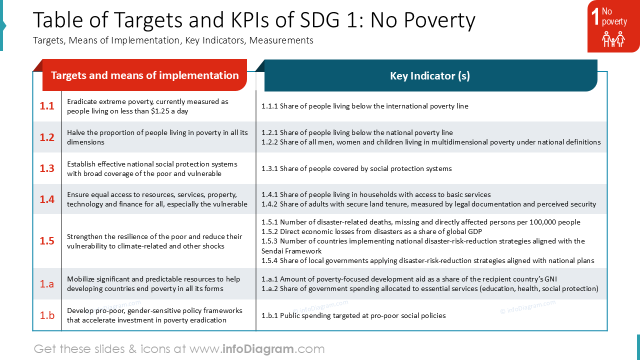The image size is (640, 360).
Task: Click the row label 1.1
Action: [47, 106]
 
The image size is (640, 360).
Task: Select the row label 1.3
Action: [47, 168]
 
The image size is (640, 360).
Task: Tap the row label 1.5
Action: [47, 241]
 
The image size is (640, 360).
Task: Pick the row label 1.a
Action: [47, 283]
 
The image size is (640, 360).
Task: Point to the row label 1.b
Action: [47, 315]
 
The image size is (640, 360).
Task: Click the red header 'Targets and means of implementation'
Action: [144, 75]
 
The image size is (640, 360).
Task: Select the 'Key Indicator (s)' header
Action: [430, 75]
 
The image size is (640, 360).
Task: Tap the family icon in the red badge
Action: [613, 39]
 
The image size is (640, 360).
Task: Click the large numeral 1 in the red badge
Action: [595, 16]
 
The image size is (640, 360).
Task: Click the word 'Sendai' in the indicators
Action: [272, 251]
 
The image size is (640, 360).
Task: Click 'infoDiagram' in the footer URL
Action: [258, 349]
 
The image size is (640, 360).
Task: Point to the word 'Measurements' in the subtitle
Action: [281, 40]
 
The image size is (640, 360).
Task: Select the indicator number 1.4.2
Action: [269, 204]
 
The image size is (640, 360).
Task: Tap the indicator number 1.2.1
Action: [269, 132]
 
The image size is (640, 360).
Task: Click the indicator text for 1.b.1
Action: [353, 315]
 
